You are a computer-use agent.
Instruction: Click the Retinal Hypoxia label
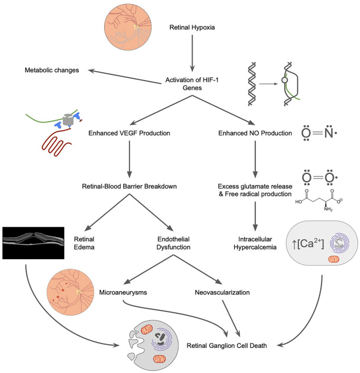click(x=192, y=27)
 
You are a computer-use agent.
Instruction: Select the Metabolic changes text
click(x=52, y=70)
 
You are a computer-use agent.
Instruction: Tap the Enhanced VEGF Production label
click(x=129, y=133)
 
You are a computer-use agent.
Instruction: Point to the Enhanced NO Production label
click(x=255, y=133)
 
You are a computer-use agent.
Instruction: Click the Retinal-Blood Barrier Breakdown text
click(x=129, y=186)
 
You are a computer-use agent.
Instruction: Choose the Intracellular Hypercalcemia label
click(x=255, y=243)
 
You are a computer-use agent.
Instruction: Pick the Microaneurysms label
click(x=123, y=292)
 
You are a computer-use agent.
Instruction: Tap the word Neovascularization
click(x=222, y=292)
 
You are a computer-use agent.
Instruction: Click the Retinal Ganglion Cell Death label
click(x=227, y=346)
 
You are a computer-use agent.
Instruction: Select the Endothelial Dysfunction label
click(x=173, y=243)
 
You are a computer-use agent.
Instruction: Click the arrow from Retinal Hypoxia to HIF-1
click(x=192, y=53)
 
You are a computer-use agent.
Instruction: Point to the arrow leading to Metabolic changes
click(x=125, y=76)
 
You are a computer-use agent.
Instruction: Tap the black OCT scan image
click(x=33, y=243)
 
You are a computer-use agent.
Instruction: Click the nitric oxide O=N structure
click(x=319, y=133)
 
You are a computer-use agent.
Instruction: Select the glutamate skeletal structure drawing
click(x=319, y=200)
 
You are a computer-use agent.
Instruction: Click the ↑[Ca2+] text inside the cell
click(x=308, y=243)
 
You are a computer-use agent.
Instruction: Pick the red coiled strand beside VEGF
click(x=56, y=142)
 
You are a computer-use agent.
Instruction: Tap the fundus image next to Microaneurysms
click(x=71, y=292)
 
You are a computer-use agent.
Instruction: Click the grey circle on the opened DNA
click(x=285, y=80)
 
